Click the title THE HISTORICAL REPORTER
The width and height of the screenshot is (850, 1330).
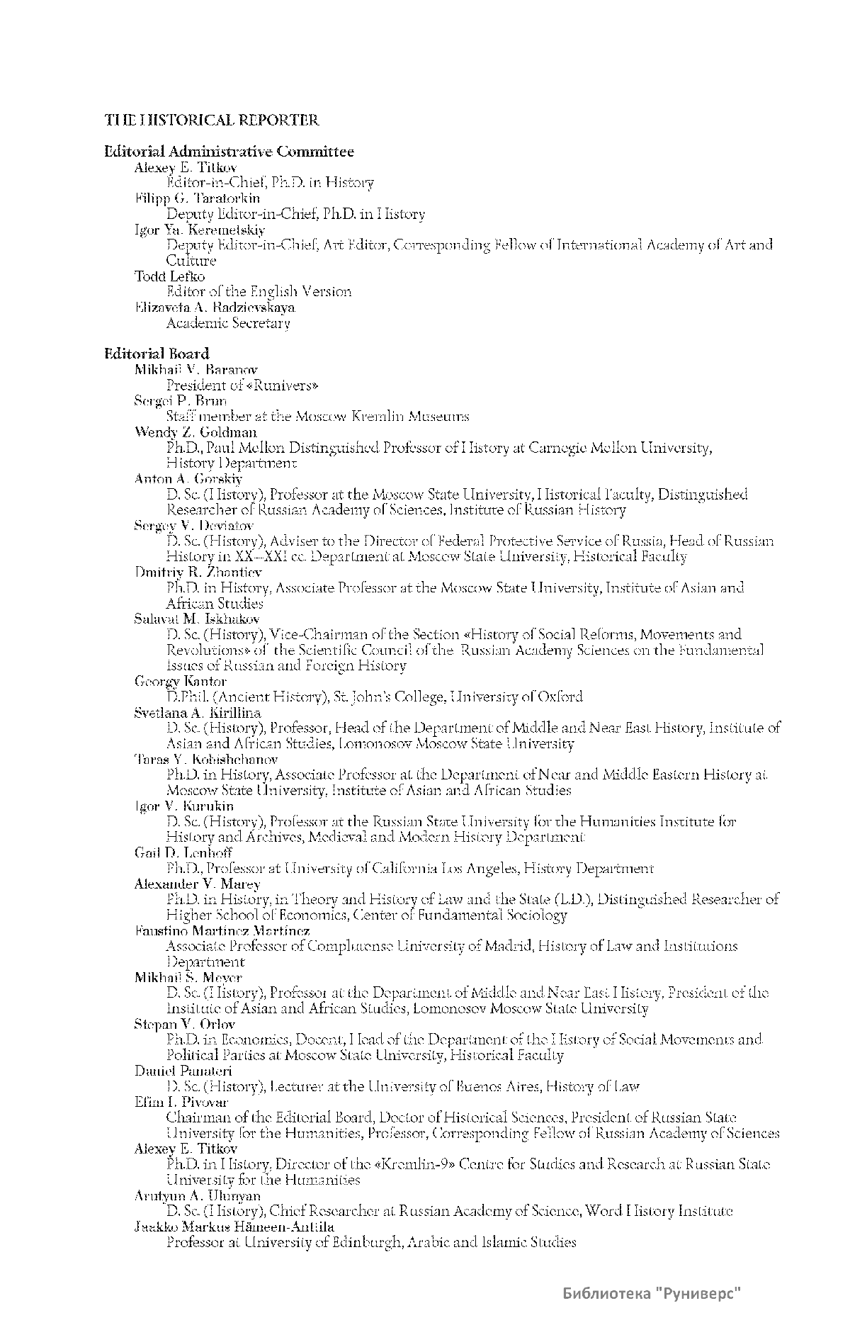[x=212, y=120]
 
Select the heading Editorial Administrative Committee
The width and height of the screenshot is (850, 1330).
[x=229, y=151]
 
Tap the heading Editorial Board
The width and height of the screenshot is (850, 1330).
[x=157, y=353]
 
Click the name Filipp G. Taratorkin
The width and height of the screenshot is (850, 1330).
[x=197, y=198]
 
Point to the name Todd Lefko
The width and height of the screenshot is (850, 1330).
[x=169, y=276]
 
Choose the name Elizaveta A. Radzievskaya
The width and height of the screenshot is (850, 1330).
[x=215, y=307]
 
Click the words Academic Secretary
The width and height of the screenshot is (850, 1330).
[x=228, y=323]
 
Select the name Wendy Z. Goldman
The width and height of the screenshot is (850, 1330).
[x=195, y=432]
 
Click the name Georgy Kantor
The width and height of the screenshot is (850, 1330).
[x=181, y=681]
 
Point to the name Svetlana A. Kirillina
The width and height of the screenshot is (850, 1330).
[x=198, y=712]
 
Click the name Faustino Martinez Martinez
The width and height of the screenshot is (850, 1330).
[x=222, y=930]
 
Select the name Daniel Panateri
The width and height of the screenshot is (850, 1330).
[x=183, y=1070]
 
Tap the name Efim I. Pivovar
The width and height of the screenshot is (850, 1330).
[x=181, y=1101]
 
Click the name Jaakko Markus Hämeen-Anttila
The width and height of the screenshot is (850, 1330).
[x=234, y=1226]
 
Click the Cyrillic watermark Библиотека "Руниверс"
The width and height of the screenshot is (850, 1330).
[x=652, y=1294]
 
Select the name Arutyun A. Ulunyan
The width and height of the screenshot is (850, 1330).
[x=197, y=1195]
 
